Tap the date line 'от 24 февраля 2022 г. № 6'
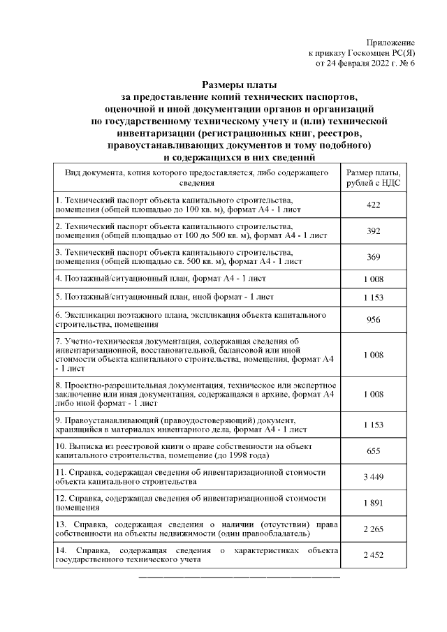click(365, 63)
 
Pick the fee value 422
click(373, 205)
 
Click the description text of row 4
click(161, 279)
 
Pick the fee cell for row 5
click(373, 298)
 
